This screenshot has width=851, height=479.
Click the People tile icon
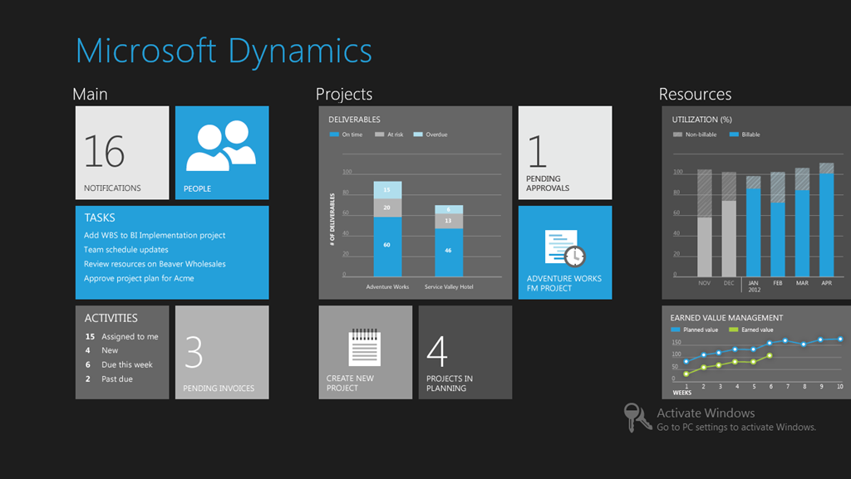click(221, 145)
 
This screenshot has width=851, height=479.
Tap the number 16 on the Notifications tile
click(104, 151)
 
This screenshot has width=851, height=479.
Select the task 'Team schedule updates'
click(126, 250)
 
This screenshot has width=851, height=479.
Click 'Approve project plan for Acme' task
click(139, 278)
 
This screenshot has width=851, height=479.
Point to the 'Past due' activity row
click(109, 379)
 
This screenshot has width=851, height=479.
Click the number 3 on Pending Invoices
click(194, 352)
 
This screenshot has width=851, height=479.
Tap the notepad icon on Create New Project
click(364, 347)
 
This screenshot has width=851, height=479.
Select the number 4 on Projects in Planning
click(437, 351)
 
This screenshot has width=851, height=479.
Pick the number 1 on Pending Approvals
click(538, 151)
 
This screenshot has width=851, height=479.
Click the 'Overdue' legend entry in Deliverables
click(430, 134)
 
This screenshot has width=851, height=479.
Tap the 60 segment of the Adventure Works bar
click(387, 247)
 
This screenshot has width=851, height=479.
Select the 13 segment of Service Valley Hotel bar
click(449, 221)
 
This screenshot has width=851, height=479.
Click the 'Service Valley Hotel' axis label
click(449, 286)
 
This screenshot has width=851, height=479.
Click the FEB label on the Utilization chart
click(778, 283)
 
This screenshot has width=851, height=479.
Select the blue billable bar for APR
click(827, 225)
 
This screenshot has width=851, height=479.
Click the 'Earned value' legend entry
click(751, 330)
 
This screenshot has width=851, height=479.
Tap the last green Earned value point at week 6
click(770, 356)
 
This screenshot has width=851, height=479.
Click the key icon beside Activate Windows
click(636, 418)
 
